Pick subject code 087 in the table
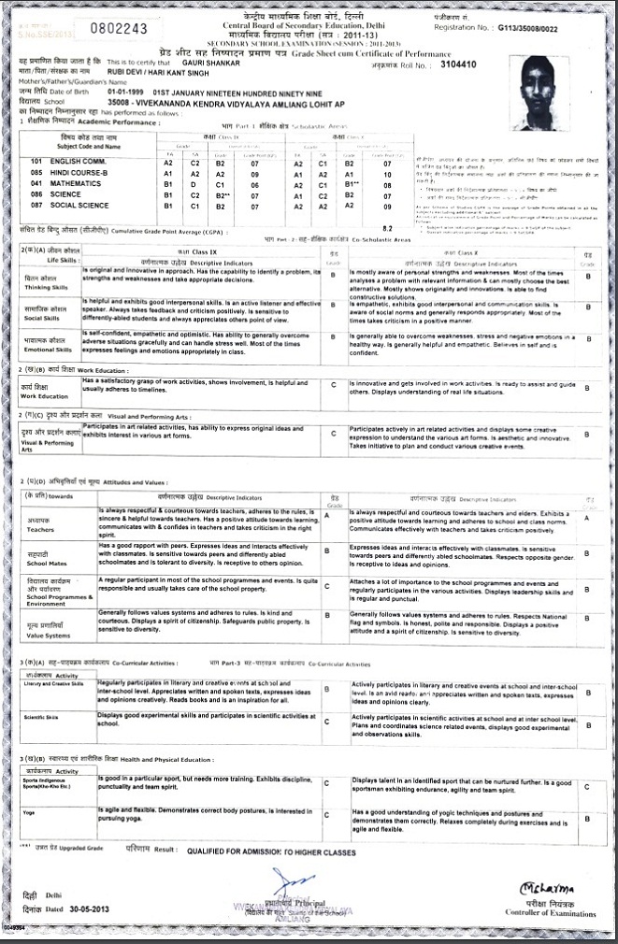pyautogui.click(x=36, y=207)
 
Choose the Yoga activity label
pyautogui.click(x=29, y=814)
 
